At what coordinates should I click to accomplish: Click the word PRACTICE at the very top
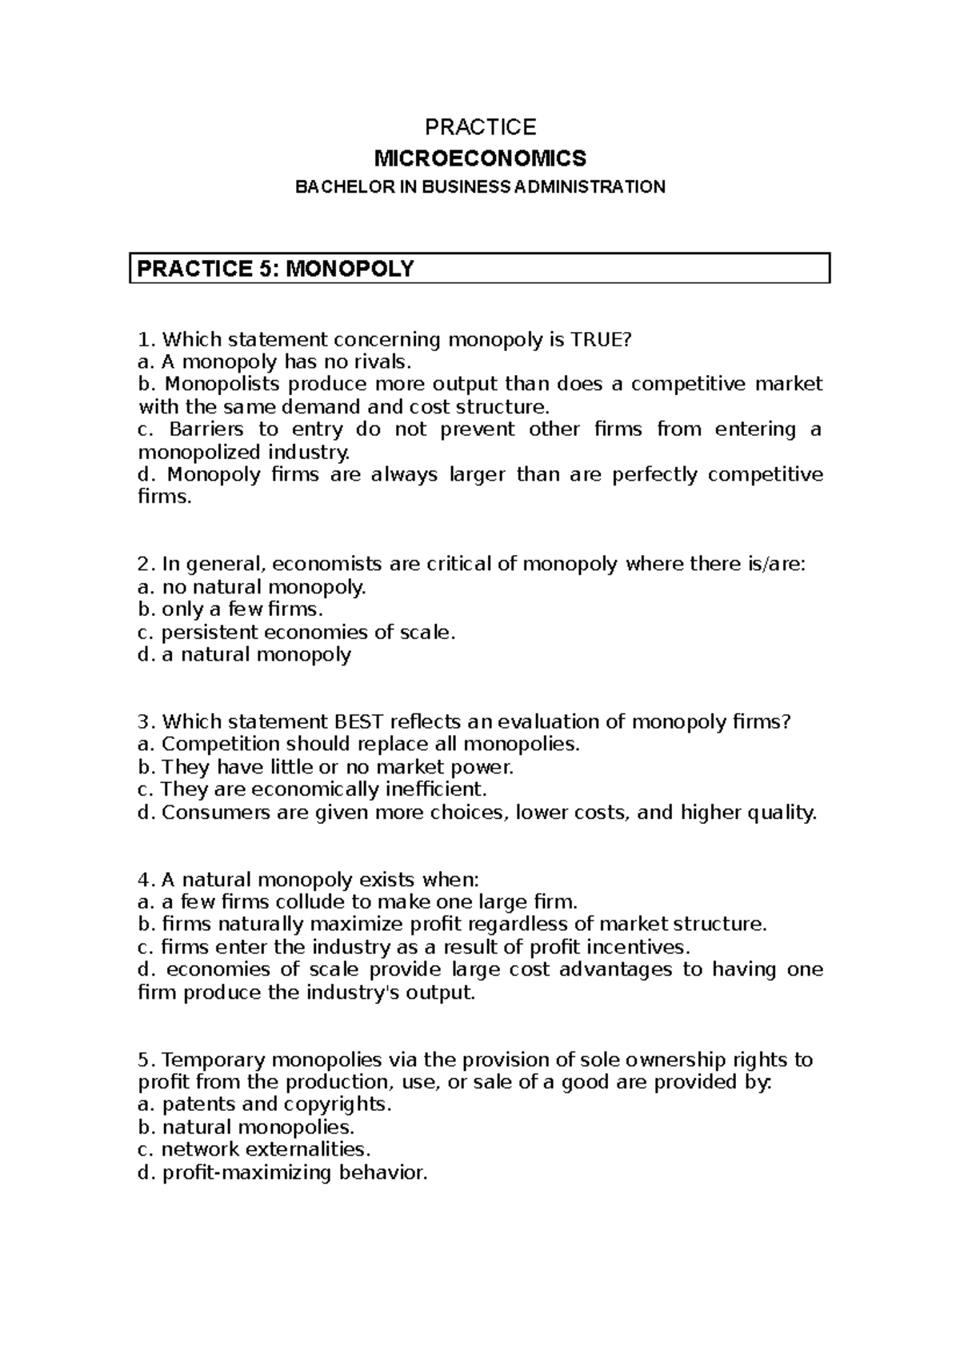click(480, 127)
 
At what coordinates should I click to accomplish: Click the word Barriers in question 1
click(206, 429)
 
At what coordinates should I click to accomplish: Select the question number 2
click(144, 565)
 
